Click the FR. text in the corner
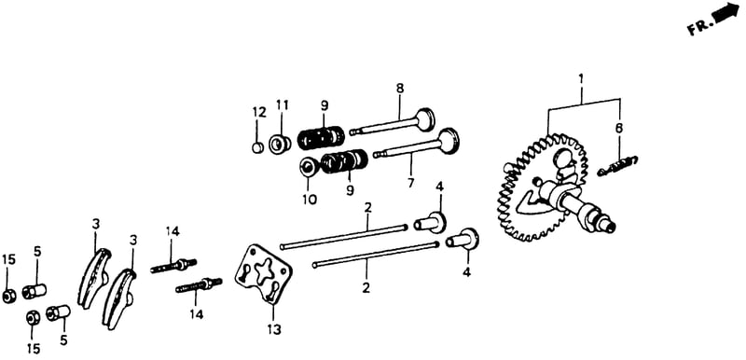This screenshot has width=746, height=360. pos(698,27)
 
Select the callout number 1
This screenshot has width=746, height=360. pos(580,79)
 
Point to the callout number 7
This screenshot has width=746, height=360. pos(411,183)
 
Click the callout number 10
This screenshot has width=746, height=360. pos(310,199)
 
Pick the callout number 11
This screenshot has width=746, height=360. pos(283,105)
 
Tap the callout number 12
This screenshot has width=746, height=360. pos(259,113)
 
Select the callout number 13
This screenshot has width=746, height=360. pos(274,328)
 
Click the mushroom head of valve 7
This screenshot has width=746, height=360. pos(449,140)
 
